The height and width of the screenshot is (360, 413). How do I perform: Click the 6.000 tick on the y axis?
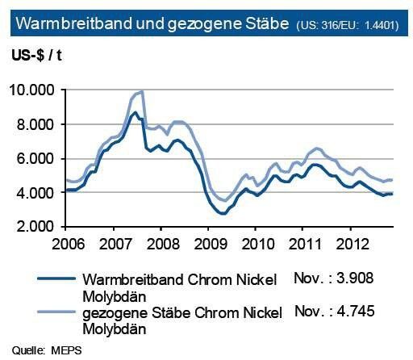38,158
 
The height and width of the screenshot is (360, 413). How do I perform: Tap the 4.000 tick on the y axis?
38,193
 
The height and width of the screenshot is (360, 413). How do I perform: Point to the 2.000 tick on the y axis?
38,227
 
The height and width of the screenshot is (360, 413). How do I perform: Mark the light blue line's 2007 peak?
141,92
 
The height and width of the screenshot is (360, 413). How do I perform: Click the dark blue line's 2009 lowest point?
222,214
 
